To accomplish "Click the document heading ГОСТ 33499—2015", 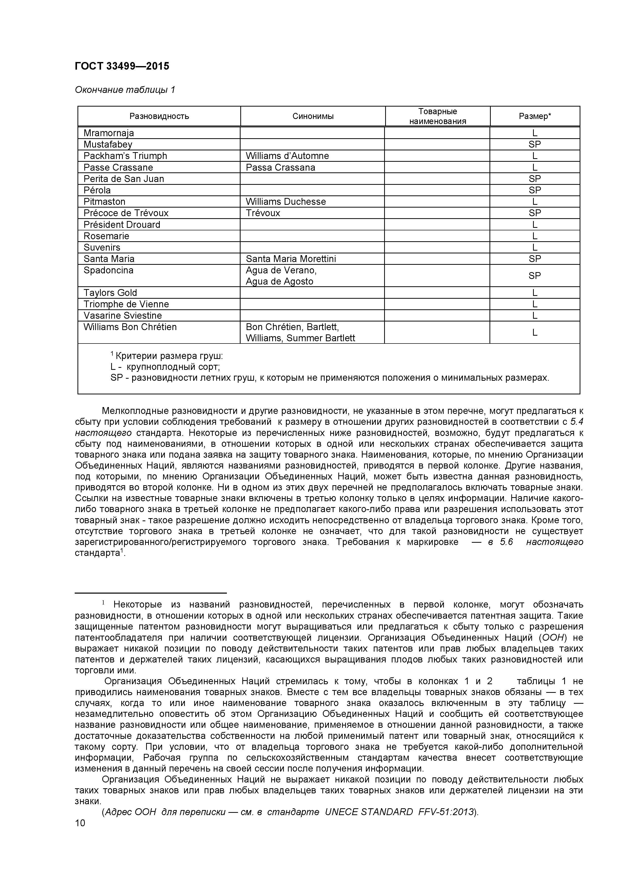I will pyautogui.click(x=122, y=66).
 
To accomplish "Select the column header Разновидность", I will pyautogui.click(x=159, y=116).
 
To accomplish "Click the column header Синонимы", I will pyautogui.click(x=313, y=116).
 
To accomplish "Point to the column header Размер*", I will pyautogui.click(x=535, y=116).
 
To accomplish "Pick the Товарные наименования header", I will pyautogui.click(x=438, y=116).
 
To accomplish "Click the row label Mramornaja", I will pyautogui.click(x=109, y=133).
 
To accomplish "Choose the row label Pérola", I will pyautogui.click(x=97, y=190).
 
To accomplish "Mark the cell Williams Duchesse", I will pyautogui.click(x=286, y=201).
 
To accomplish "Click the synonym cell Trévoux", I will pyautogui.click(x=263, y=213).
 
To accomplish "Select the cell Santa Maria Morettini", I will pyautogui.click(x=291, y=259).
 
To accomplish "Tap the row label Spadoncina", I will pyautogui.click(x=108, y=270).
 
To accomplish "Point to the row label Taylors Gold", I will pyautogui.click(x=110, y=293).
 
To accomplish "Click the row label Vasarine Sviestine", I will pyautogui.click(x=123, y=316).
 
